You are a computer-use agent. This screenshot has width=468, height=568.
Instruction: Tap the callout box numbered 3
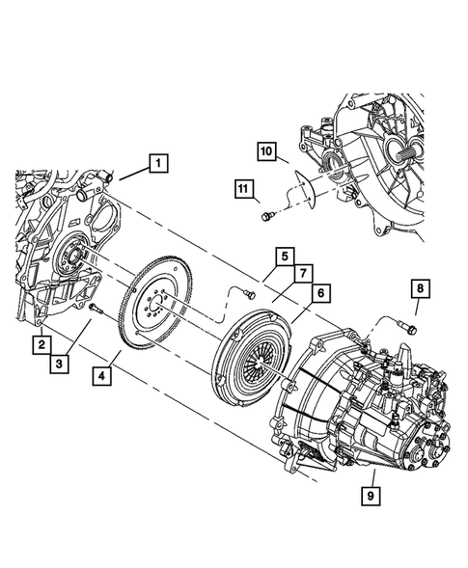coord(59,364)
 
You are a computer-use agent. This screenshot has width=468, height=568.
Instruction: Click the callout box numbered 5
coord(283,257)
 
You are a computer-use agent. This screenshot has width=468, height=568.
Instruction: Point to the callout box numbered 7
coord(300,275)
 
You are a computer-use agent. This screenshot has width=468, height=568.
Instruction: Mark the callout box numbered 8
coord(419,287)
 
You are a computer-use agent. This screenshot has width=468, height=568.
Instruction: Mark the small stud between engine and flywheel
coord(96,310)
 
